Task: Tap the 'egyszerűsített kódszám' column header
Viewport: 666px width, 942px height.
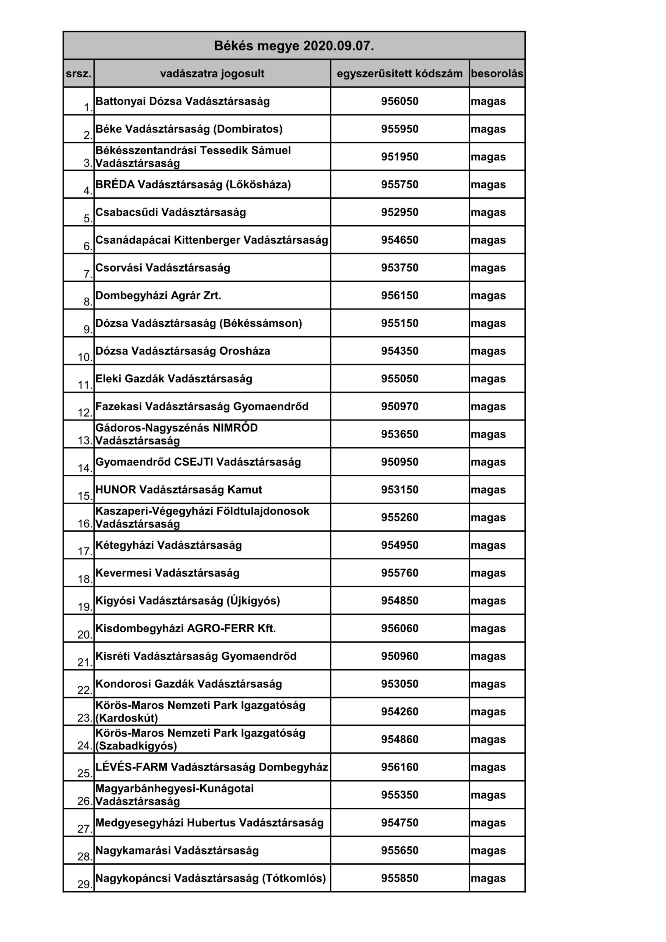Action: pyautogui.click(x=399, y=74)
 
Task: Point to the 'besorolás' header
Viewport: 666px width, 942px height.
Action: pyautogui.click(x=497, y=74)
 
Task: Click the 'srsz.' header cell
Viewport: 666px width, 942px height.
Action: pyautogui.click(x=78, y=74)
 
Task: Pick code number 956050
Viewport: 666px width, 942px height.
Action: pyautogui.click(x=399, y=101)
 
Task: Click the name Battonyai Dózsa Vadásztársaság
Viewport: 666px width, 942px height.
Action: pyautogui.click(x=182, y=101)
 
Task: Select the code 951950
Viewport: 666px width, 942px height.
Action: pyautogui.click(x=399, y=157)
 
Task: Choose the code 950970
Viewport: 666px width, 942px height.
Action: pyautogui.click(x=399, y=407)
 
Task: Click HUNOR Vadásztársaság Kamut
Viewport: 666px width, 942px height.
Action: pyautogui.click(x=178, y=489)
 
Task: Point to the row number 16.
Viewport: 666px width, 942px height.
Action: pyautogui.click(x=85, y=524)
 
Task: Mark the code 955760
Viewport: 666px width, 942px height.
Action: pyautogui.click(x=399, y=573)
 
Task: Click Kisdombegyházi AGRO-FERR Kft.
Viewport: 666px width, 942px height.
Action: pyautogui.click(x=186, y=628)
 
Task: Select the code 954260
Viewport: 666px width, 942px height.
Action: pyautogui.click(x=399, y=711)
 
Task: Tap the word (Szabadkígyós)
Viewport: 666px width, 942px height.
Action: pyautogui.click(x=136, y=746)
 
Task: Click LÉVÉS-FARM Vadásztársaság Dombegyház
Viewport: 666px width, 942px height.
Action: pyautogui.click(x=211, y=767)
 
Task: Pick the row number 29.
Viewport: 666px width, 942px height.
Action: pyautogui.click(x=85, y=884)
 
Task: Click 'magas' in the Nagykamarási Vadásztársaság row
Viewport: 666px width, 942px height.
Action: pyautogui.click(x=488, y=850)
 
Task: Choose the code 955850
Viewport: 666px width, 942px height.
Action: pyautogui.click(x=399, y=878)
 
